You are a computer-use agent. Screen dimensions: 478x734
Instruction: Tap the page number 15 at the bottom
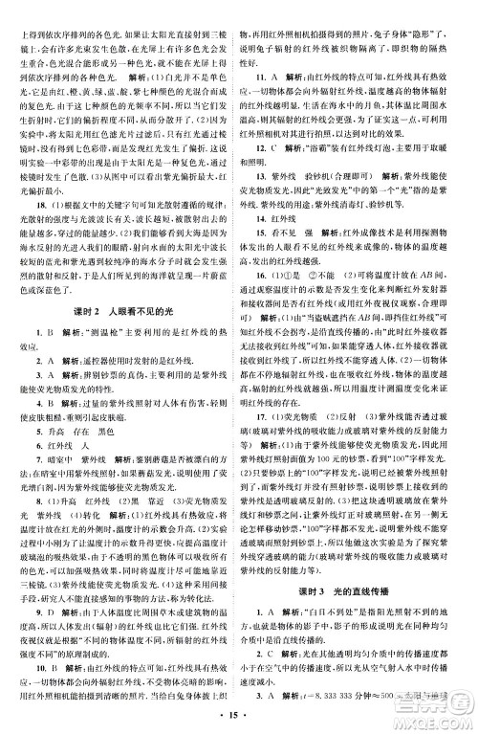click(238, 712)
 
